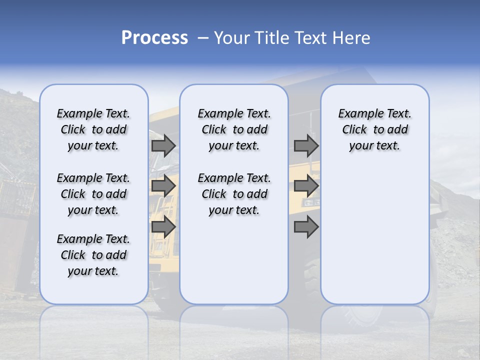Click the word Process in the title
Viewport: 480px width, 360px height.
pos(154,38)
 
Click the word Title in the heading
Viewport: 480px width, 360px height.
pos(271,38)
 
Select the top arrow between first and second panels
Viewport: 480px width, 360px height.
pos(163,145)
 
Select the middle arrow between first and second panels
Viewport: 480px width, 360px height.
pos(163,186)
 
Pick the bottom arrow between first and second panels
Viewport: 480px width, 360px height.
pos(163,227)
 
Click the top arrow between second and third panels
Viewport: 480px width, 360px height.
pos(306,145)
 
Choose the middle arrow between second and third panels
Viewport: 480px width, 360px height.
pos(306,186)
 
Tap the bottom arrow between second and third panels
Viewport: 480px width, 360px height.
pos(306,227)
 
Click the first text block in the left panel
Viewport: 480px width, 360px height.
pos(93,129)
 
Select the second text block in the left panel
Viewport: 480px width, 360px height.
pos(93,194)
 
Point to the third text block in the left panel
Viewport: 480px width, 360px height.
pos(93,255)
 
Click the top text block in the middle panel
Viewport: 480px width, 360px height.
pos(234,129)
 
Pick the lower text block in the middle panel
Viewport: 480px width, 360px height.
pos(234,194)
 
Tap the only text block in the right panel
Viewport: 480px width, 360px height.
pos(374,129)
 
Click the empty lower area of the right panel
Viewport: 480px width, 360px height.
pos(374,235)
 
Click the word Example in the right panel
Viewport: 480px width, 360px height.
pos(356,113)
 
